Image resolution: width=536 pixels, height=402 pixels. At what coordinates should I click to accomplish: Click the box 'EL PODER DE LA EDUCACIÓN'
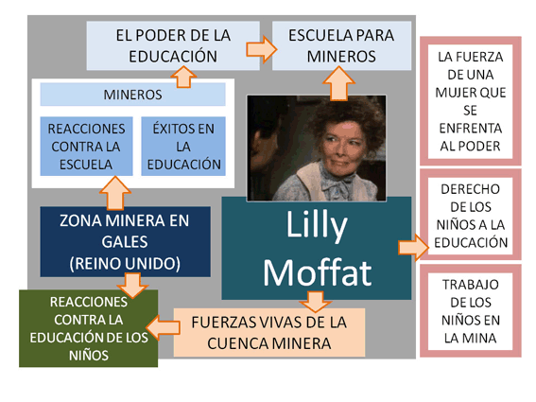[x=173, y=45]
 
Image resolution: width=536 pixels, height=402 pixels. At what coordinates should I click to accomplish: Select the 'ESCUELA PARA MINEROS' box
[x=341, y=45]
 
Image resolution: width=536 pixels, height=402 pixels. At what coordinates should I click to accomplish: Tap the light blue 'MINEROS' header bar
[x=132, y=95]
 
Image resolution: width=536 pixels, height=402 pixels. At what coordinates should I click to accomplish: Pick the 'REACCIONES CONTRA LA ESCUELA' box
[x=86, y=147]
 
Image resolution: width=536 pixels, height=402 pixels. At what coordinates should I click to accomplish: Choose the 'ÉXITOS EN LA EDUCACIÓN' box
[x=183, y=147]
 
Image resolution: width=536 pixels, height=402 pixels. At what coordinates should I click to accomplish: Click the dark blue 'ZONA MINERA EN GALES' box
[x=125, y=241]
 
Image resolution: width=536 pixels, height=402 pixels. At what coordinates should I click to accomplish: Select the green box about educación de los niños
[x=89, y=328]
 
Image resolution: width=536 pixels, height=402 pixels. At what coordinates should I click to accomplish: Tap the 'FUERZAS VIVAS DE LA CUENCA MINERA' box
[x=269, y=333]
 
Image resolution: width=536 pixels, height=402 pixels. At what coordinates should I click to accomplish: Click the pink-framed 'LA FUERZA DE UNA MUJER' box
[x=471, y=101]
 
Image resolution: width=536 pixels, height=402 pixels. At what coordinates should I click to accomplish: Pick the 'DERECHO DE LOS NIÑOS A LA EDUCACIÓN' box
[x=471, y=216]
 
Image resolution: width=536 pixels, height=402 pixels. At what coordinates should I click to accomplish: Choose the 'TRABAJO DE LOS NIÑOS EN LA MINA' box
[x=471, y=311]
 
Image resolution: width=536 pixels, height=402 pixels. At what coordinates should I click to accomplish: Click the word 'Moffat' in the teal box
[x=318, y=272]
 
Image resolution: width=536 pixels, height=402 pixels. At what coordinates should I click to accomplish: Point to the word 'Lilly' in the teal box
[x=317, y=225]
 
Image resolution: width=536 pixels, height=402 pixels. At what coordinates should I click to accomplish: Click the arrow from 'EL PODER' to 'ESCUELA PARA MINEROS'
[x=262, y=49]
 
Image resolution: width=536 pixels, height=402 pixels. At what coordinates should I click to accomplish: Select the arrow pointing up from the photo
[x=338, y=84]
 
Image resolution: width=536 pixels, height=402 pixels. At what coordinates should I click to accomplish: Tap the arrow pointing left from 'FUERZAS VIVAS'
[x=163, y=327]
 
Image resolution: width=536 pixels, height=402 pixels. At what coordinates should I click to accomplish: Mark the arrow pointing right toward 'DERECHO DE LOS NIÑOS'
[x=414, y=247]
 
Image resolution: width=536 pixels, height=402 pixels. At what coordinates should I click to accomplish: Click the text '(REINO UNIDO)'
[x=125, y=264]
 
